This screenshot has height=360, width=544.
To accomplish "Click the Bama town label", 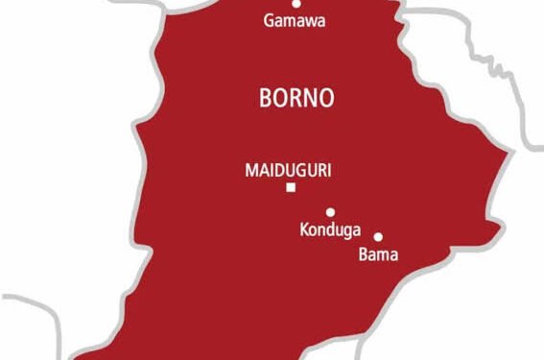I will pos(378,255).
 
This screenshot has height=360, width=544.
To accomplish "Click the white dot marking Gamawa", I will pos(296,4).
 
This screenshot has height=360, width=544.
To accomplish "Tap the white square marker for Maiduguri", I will pos(290,188).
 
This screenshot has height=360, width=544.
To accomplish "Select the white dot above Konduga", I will pos(330,212).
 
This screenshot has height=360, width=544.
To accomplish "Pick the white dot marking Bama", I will pos(378,236).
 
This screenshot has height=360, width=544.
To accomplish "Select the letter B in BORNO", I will pos(264,97).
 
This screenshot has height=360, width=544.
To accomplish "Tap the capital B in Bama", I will pos(363,255).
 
